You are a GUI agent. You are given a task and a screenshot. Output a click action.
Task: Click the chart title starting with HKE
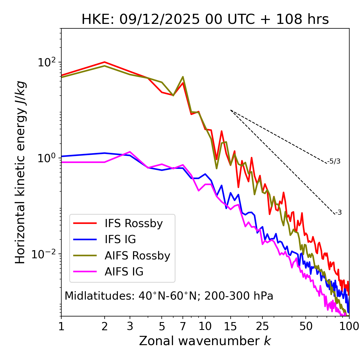point(205,20)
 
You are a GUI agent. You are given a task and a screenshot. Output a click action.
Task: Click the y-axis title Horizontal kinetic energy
point(20,172)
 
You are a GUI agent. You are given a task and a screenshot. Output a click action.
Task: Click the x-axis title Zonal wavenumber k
point(205,341)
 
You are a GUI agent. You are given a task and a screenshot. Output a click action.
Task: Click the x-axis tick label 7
point(183,326)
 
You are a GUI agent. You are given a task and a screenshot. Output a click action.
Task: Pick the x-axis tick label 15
point(230,326)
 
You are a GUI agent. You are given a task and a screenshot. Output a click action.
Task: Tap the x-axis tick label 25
point(262,326)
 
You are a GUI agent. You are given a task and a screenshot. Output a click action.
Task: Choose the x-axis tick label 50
point(306,326)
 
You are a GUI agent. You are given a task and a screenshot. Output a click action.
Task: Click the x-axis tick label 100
point(349,326)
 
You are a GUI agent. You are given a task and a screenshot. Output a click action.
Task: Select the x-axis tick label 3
point(130,326)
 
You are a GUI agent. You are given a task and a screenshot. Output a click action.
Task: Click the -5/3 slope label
point(334,161)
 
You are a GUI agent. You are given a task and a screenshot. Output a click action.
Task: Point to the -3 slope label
point(338,212)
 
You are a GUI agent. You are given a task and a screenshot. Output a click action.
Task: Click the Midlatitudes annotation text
point(169,296)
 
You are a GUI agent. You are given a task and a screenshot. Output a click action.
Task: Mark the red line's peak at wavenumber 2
point(105,62)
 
